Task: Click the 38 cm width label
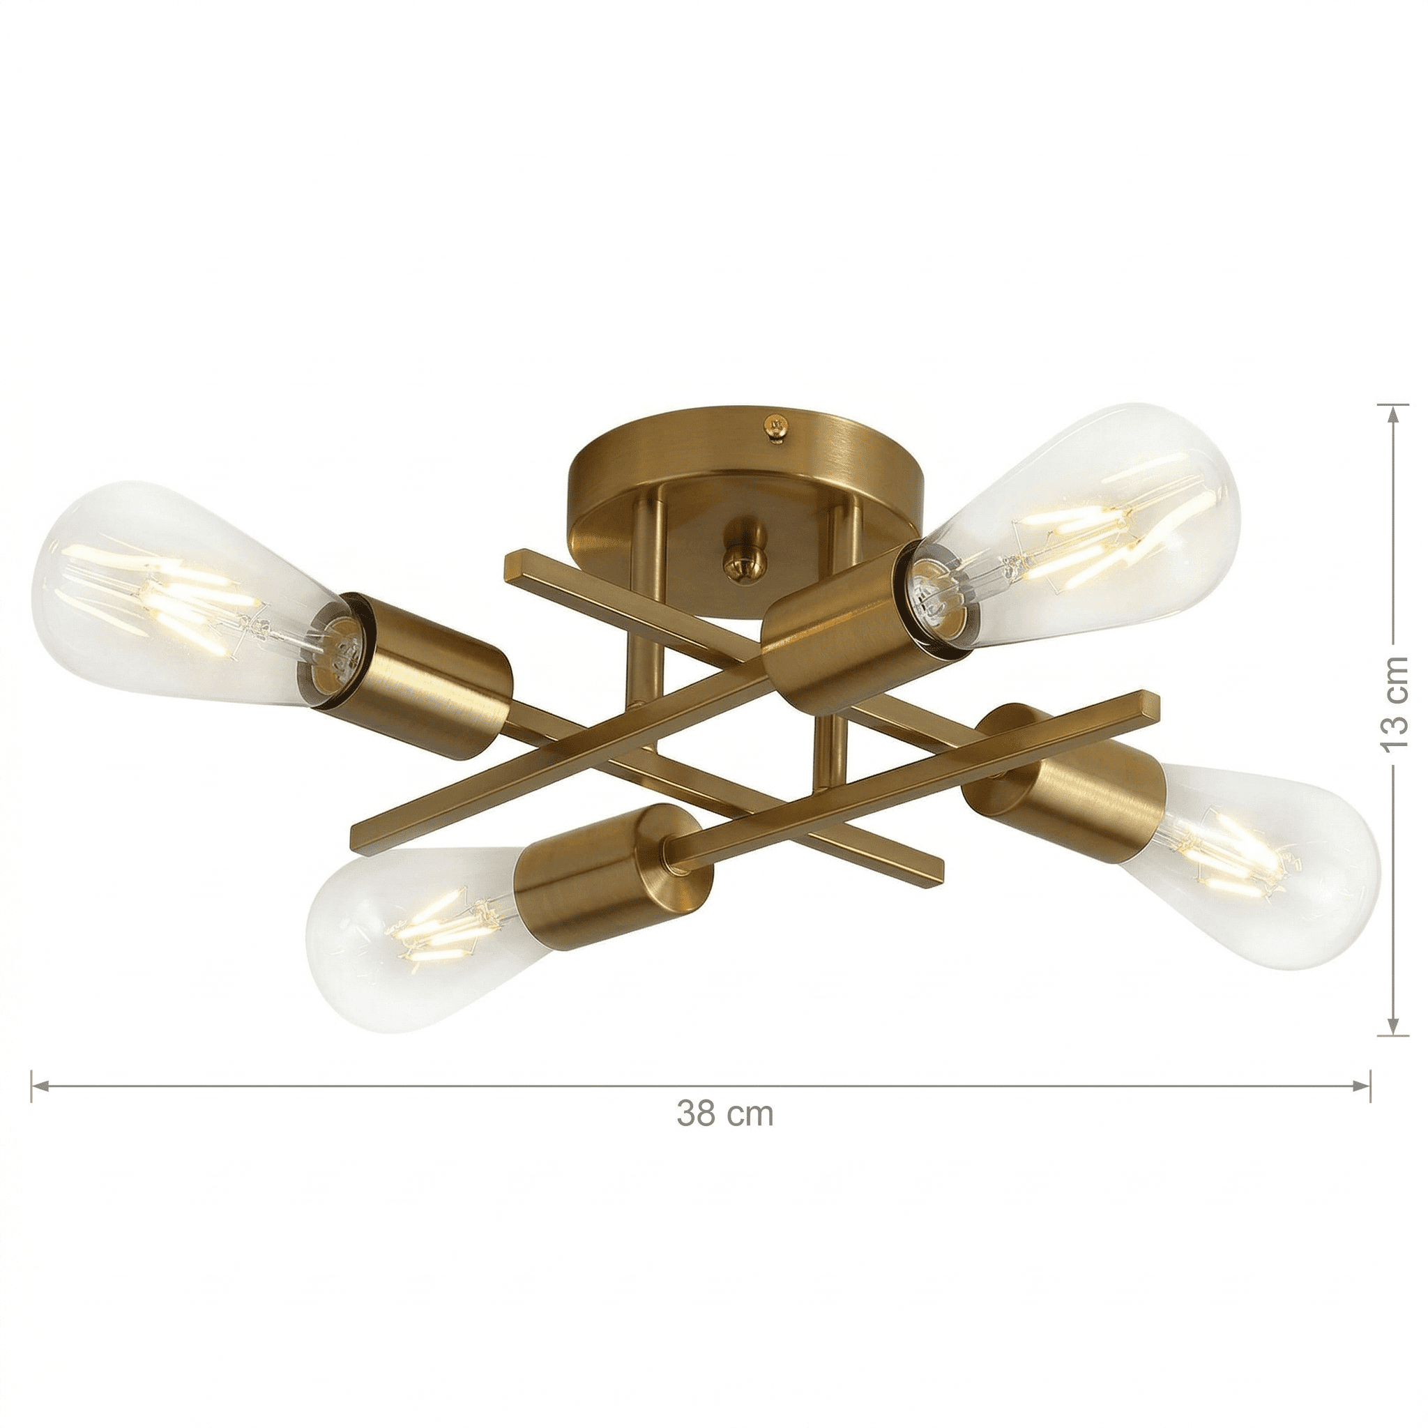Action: pos(724,1133)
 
